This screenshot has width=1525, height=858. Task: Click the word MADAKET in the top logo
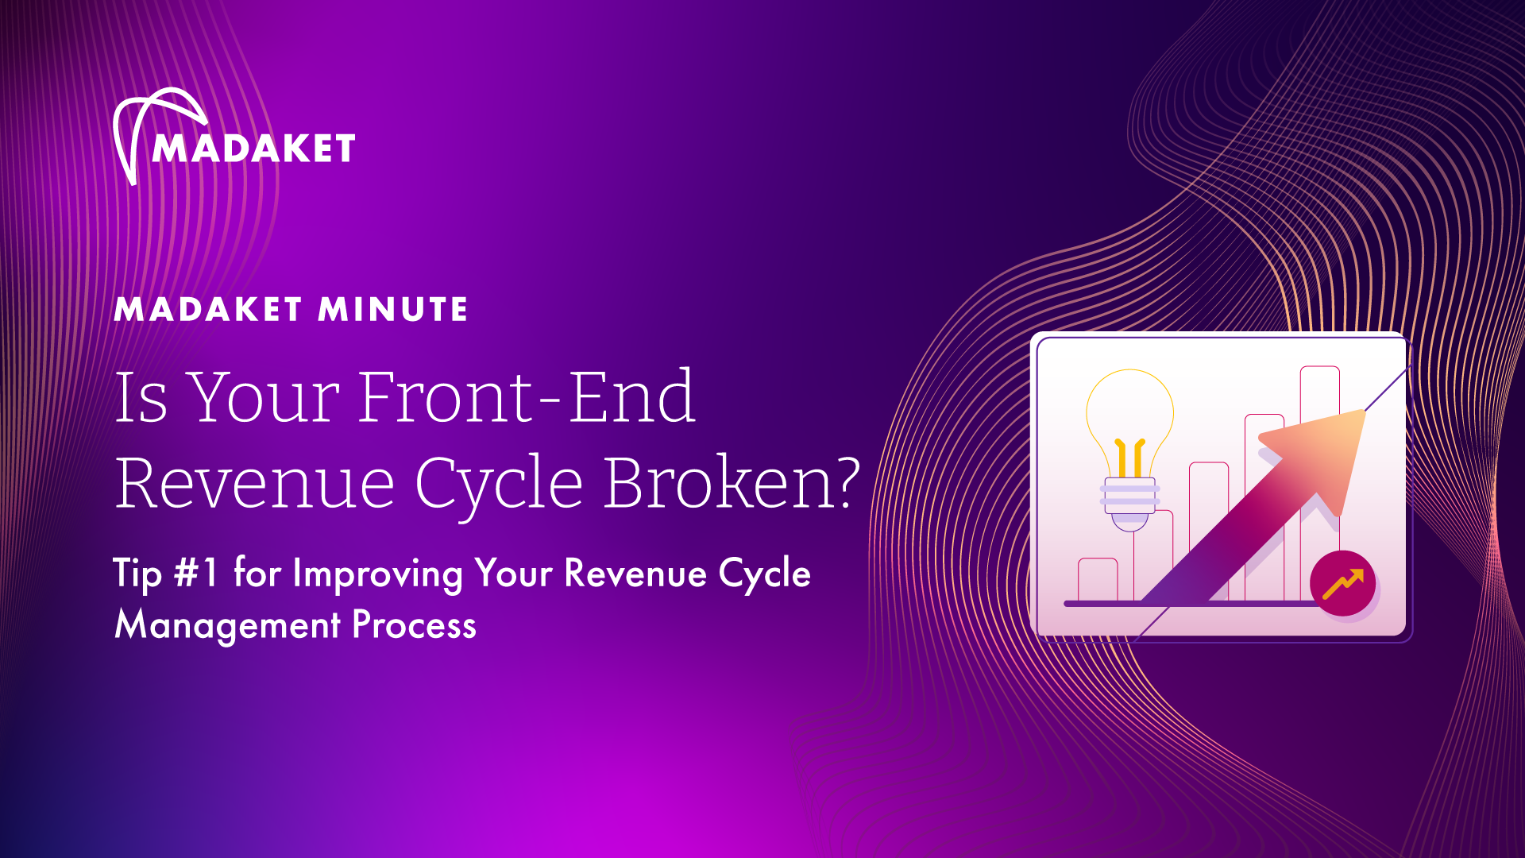click(x=254, y=149)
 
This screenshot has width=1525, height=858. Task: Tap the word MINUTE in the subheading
click(x=393, y=309)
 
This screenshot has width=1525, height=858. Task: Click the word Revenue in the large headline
click(x=255, y=483)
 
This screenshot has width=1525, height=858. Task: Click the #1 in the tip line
click(x=196, y=572)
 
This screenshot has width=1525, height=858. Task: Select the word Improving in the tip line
click(x=378, y=574)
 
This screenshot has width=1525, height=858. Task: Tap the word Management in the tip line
click(x=227, y=626)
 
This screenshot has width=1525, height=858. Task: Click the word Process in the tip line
click(x=414, y=625)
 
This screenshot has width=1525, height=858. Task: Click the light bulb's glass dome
click(x=1129, y=421)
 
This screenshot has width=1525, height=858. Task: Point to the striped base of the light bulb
click(x=1129, y=494)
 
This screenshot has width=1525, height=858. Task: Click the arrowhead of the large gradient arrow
click(x=1318, y=453)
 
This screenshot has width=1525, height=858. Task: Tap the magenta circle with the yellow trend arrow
click(x=1342, y=583)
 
